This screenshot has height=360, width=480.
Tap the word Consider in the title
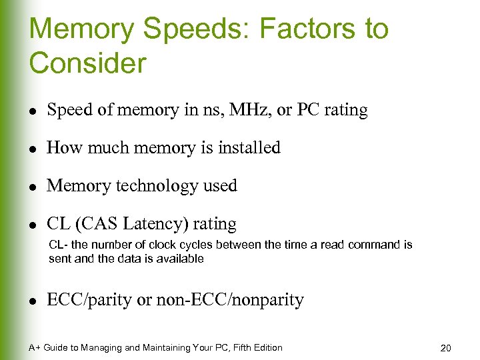87,63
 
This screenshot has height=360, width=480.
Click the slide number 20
446,348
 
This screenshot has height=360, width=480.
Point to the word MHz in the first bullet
249,110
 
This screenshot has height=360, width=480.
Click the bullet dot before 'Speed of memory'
34,111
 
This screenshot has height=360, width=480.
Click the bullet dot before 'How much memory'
34,149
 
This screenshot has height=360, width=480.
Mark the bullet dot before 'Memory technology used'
34,187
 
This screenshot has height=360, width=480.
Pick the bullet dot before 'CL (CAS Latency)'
34,224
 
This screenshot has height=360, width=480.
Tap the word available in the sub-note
177,259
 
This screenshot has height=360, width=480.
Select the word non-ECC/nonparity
230,300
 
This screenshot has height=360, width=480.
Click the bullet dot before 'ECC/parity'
34,301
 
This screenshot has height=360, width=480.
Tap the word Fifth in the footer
231,347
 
